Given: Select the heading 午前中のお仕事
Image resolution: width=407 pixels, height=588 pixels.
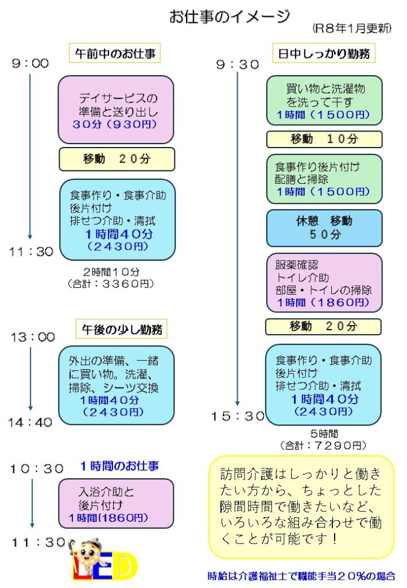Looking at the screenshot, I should (x=114, y=53).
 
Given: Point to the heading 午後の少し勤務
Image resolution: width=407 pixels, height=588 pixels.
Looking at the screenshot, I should (x=122, y=330).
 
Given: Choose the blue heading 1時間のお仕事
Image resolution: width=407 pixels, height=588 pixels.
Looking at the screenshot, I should (x=119, y=465).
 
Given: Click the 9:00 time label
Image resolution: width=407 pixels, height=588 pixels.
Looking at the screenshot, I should (x=30, y=64).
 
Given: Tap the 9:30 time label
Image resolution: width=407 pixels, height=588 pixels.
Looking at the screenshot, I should (x=238, y=65).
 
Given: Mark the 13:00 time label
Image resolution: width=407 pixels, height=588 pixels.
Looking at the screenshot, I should (x=33, y=338).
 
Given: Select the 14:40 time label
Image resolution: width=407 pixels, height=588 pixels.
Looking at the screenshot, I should (x=30, y=423).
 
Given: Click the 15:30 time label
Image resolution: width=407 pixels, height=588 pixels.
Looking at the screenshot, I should (x=238, y=416).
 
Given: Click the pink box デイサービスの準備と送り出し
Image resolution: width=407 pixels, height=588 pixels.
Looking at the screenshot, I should (x=116, y=110).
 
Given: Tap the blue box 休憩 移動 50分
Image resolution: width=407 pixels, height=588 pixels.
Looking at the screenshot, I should (x=324, y=227).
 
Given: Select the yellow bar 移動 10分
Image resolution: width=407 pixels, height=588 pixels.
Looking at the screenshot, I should (x=324, y=139).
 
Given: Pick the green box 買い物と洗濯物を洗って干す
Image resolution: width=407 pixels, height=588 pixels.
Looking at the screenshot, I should (x=324, y=100).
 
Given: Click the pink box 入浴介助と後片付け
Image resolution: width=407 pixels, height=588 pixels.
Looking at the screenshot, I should (x=116, y=504).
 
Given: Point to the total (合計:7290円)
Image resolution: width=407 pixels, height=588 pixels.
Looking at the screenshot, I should (x=323, y=445).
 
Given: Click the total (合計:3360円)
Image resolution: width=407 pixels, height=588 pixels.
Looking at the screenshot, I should (x=111, y=283).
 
